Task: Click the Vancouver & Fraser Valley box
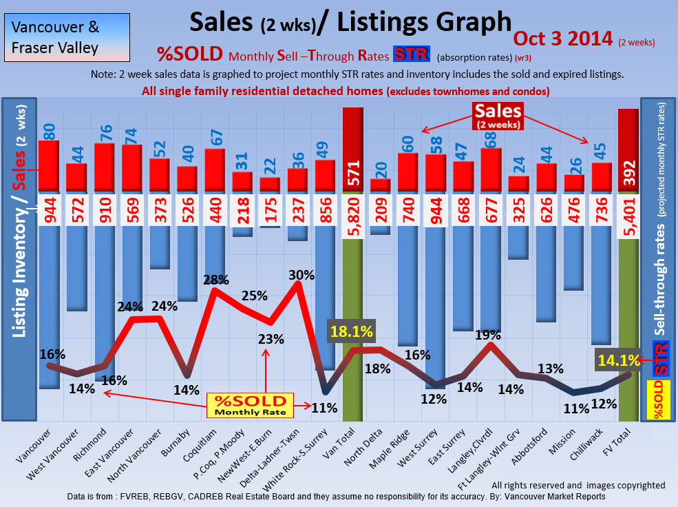coord(66,38)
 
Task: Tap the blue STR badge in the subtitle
coord(412,55)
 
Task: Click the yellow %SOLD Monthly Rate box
coord(250,405)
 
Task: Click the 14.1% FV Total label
coord(617,359)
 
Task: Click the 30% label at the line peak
coord(301,275)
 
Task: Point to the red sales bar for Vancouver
coord(48,165)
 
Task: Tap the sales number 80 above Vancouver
coord(49,131)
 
